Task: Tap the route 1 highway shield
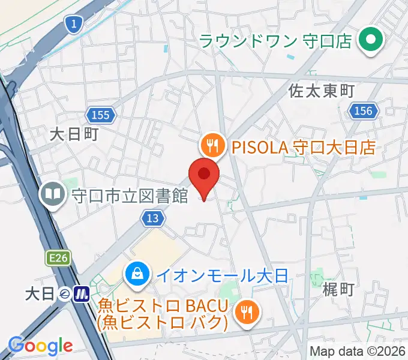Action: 73,24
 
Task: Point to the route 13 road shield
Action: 153,218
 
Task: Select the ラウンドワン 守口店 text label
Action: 276,41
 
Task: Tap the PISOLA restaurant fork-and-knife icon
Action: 212,145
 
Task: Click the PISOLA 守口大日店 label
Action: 303,146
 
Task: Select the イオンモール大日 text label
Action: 223,276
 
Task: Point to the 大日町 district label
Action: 73,133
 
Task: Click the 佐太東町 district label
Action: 322,91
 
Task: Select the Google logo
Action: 40,346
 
